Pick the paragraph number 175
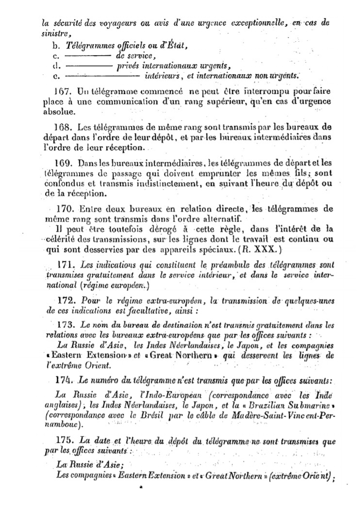click(x=65, y=441)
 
